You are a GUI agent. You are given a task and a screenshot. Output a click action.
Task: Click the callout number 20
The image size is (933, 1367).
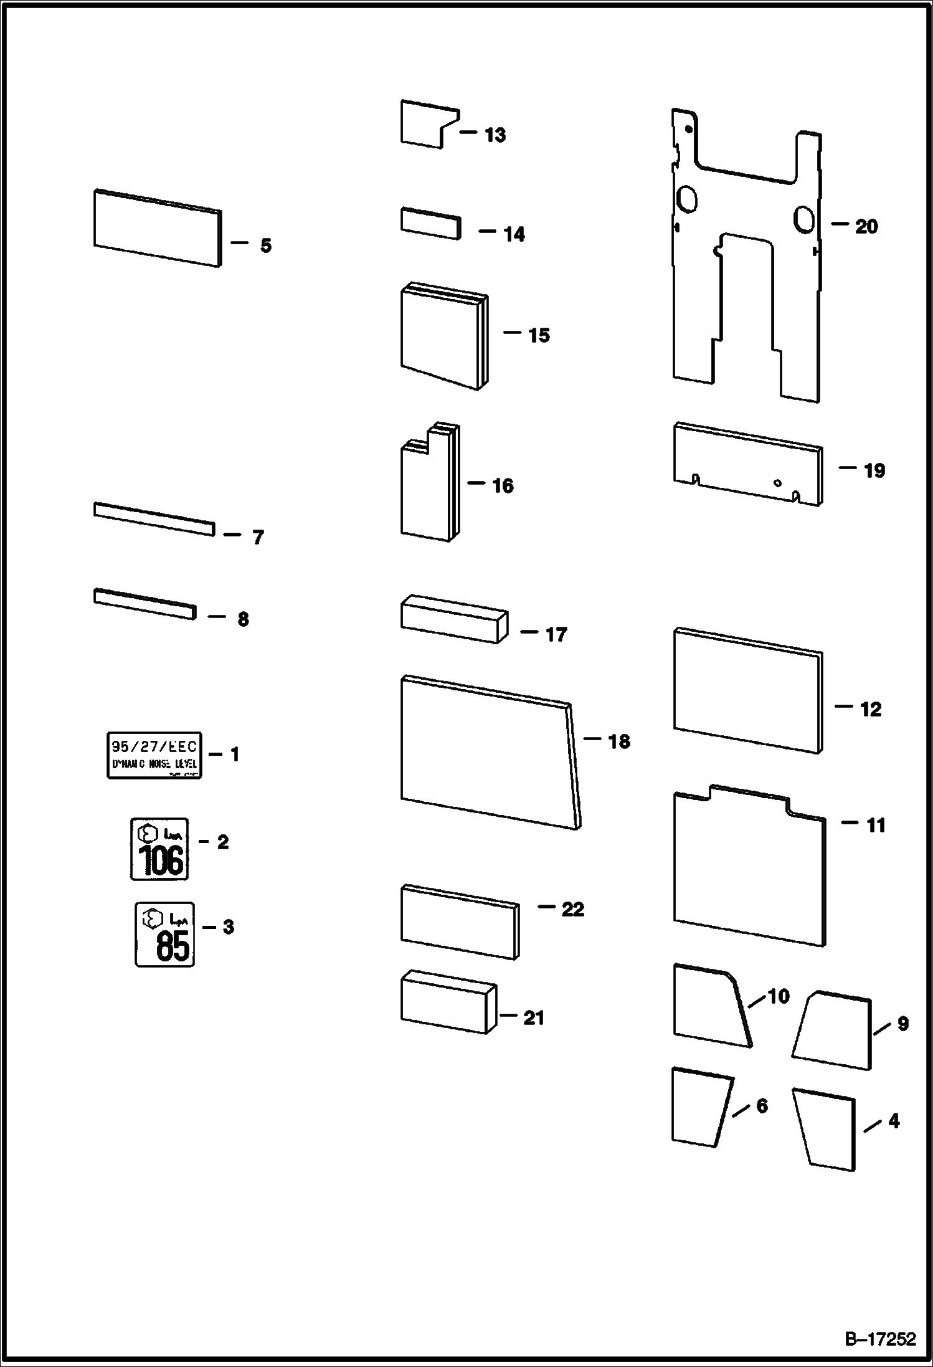click(866, 226)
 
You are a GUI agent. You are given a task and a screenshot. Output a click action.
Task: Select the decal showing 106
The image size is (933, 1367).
click(159, 849)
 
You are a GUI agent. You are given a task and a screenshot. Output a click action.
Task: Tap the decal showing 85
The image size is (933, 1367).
click(165, 934)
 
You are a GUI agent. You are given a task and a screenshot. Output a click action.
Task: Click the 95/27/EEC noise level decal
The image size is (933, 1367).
click(154, 755)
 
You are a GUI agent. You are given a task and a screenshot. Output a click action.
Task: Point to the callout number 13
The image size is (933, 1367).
click(495, 135)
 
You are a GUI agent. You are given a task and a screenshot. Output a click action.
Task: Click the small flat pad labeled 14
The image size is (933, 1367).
click(430, 224)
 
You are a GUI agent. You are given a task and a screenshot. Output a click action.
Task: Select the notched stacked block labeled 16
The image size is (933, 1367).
click(429, 485)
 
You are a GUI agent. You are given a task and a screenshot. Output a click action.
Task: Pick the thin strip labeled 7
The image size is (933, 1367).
click(154, 518)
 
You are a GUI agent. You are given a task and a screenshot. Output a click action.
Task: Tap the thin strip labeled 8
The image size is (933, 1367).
click(144, 603)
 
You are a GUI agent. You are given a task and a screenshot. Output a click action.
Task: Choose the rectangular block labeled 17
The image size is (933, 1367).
click(453, 619)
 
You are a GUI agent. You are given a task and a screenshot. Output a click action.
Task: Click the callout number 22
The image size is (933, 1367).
click(572, 909)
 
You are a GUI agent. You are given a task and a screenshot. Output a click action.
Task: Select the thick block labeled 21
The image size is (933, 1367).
click(448, 1001)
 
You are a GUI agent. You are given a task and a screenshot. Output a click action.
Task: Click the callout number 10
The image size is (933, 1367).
click(778, 996)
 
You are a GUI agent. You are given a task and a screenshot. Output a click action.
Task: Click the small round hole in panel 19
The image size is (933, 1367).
click(777, 482)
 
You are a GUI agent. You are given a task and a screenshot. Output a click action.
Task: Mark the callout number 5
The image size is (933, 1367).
click(266, 245)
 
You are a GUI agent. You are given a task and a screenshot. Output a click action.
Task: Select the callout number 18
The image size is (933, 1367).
click(618, 741)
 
